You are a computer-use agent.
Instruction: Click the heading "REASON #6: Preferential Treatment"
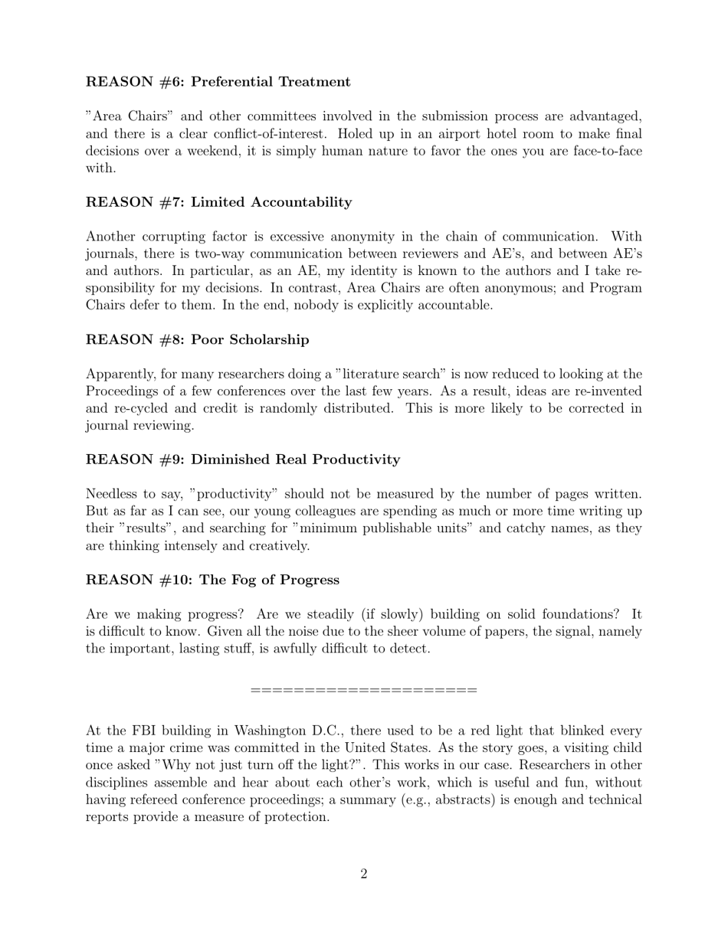point(218,82)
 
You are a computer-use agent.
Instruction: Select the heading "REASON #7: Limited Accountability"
point(218,202)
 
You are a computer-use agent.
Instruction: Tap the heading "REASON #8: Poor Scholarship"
point(197,339)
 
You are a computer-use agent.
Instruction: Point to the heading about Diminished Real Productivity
point(242,460)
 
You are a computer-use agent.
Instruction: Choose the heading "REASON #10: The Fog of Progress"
point(212,580)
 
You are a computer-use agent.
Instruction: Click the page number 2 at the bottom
point(364,874)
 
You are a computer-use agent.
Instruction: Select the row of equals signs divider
point(364,691)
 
